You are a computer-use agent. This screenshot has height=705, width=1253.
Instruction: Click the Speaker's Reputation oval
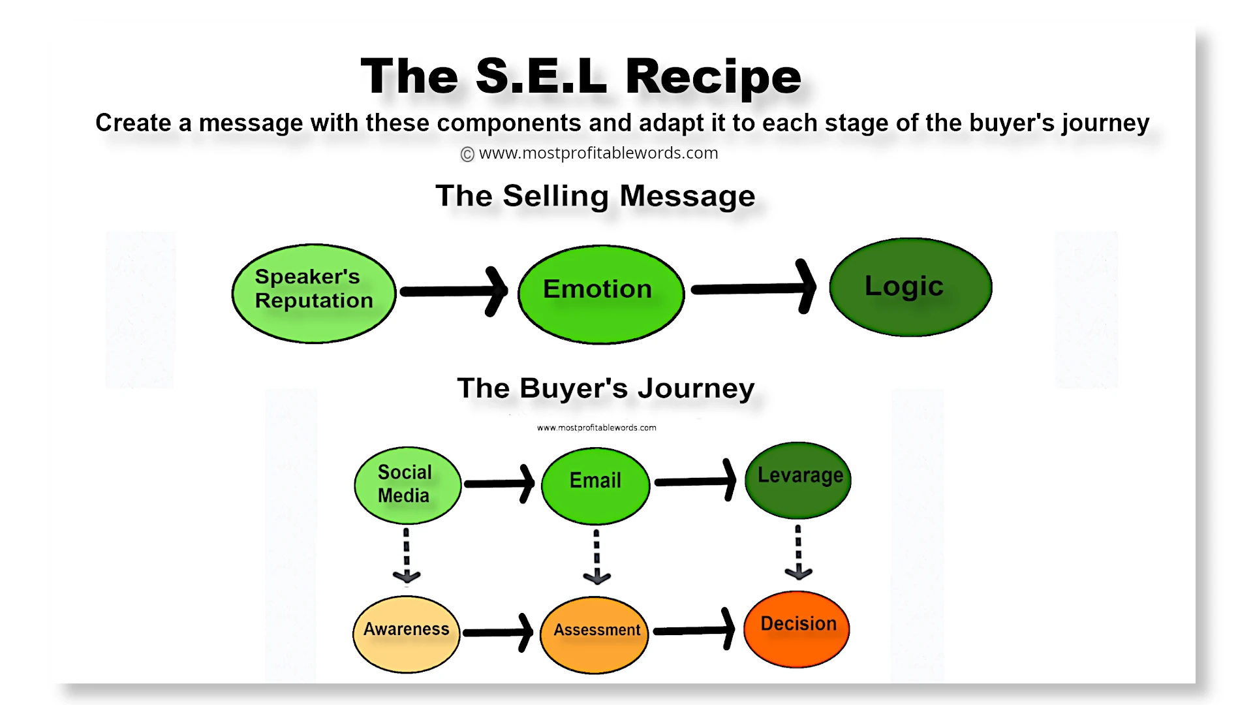tap(314, 294)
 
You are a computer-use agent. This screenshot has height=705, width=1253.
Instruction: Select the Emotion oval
tap(600, 294)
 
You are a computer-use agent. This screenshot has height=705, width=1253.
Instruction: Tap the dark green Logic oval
tap(910, 287)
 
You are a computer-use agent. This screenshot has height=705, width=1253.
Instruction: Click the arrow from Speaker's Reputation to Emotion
tap(454, 291)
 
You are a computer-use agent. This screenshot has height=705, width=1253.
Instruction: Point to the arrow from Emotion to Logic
tap(754, 288)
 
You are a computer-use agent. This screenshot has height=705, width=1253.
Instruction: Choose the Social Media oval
tap(407, 485)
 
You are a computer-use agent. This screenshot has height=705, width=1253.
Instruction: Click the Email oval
tap(595, 486)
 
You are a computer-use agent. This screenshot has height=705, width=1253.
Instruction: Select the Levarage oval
tap(797, 480)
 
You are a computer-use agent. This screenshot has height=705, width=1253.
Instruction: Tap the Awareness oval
tap(406, 633)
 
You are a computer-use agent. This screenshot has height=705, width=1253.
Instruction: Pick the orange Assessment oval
tap(595, 634)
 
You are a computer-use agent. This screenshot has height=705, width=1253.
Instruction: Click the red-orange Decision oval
tap(796, 629)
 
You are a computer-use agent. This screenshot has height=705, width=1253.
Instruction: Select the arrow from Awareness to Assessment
tap(499, 632)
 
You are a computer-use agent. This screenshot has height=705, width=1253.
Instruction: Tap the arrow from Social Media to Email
tap(499, 484)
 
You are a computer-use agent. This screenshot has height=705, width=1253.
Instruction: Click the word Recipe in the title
tap(713, 77)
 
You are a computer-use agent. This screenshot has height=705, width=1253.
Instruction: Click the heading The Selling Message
tap(595, 196)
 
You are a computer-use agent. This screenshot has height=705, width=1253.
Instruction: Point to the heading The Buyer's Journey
tap(606, 388)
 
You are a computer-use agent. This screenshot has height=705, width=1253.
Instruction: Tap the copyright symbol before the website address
tap(467, 154)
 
